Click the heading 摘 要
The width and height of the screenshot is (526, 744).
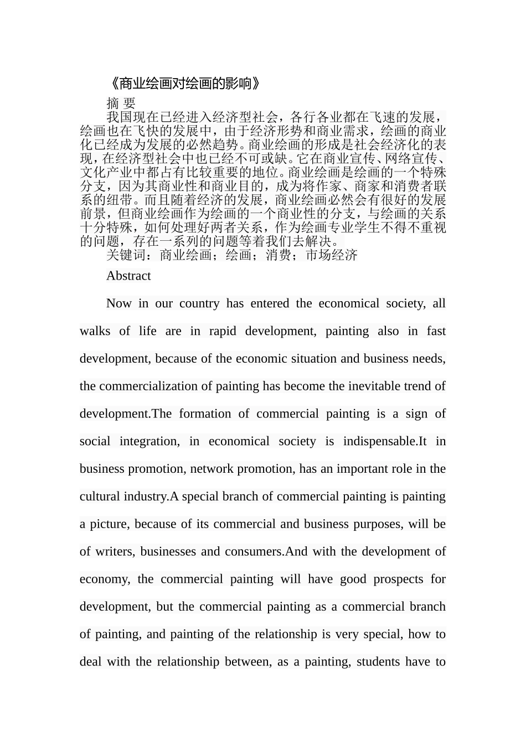[x=121, y=103]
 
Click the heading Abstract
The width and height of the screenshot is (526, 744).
[x=128, y=276]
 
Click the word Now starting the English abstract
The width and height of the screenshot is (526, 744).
[x=119, y=303]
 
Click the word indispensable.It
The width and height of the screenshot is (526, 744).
[x=385, y=441]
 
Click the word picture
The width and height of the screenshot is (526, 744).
[x=108, y=524]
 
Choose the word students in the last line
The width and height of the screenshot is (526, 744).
[x=378, y=662]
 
